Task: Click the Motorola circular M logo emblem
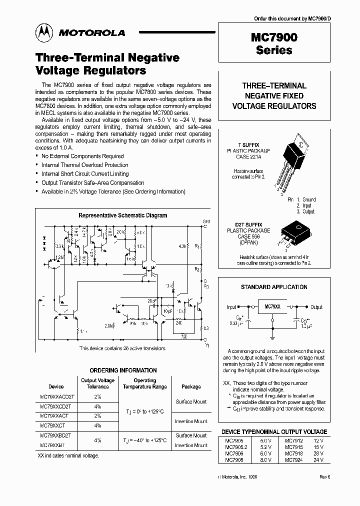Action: click(x=44, y=33)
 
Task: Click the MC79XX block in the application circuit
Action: click(x=272, y=306)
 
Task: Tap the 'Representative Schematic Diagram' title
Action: click(x=123, y=215)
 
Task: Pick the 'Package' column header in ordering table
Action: click(x=191, y=386)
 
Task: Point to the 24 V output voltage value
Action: click(x=318, y=459)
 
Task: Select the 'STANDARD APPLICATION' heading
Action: click(x=274, y=287)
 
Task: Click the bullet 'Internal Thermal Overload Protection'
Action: click(x=84, y=165)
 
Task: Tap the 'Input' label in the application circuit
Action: click(x=231, y=307)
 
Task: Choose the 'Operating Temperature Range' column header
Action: click(x=145, y=383)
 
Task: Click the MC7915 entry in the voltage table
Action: click(x=294, y=447)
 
